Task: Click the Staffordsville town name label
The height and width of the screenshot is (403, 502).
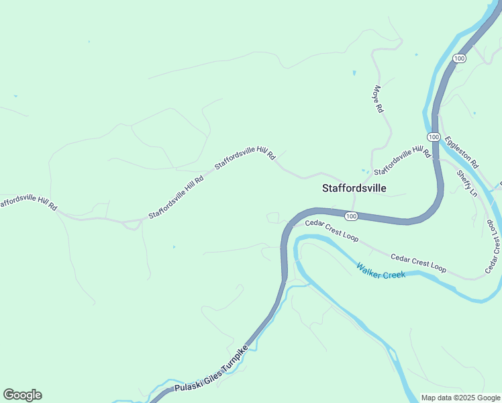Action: pyautogui.click(x=354, y=189)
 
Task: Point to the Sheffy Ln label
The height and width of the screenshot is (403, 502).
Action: pyautogui.click(x=466, y=182)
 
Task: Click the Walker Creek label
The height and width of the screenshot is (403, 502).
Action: pyautogui.click(x=381, y=270)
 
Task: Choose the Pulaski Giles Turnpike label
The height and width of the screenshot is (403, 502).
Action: pyautogui.click(x=211, y=369)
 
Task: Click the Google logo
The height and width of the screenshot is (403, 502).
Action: pyautogui.click(x=22, y=395)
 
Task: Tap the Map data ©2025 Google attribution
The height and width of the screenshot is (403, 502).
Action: pyautogui.click(x=460, y=398)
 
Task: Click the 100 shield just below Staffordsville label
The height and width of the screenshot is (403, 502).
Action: pyautogui.click(x=351, y=216)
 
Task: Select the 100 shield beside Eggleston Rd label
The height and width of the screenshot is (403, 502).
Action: pyautogui.click(x=434, y=137)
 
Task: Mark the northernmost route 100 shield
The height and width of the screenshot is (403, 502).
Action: pyautogui.click(x=459, y=58)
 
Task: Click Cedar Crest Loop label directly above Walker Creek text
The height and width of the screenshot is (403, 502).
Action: pyautogui.click(x=418, y=263)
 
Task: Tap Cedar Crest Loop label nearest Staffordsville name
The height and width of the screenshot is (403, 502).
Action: pyautogui.click(x=332, y=230)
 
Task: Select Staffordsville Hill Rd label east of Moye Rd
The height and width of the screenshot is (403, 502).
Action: pyautogui.click(x=402, y=160)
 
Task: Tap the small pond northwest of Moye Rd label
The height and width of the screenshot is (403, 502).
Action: pyautogui.click(x=354, y=73)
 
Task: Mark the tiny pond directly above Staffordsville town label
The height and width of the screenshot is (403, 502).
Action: pyautogui.click(x=363, y=171)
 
